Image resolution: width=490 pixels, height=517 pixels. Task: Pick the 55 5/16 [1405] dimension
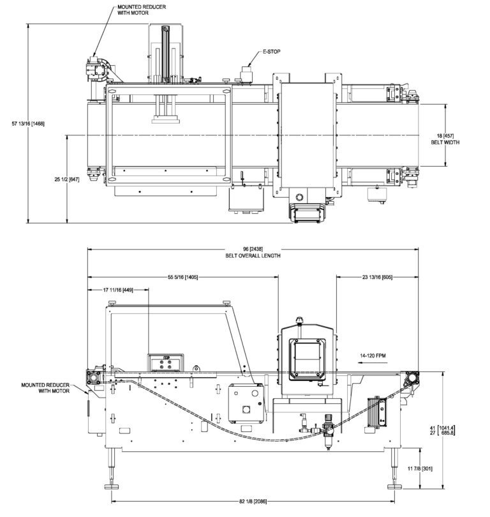click(184, 277)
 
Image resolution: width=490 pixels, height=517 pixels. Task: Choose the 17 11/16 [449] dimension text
click(119, 289)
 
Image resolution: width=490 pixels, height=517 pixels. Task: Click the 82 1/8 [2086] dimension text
click(253, 501)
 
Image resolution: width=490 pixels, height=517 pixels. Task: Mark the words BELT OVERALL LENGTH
click(253, 255)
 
